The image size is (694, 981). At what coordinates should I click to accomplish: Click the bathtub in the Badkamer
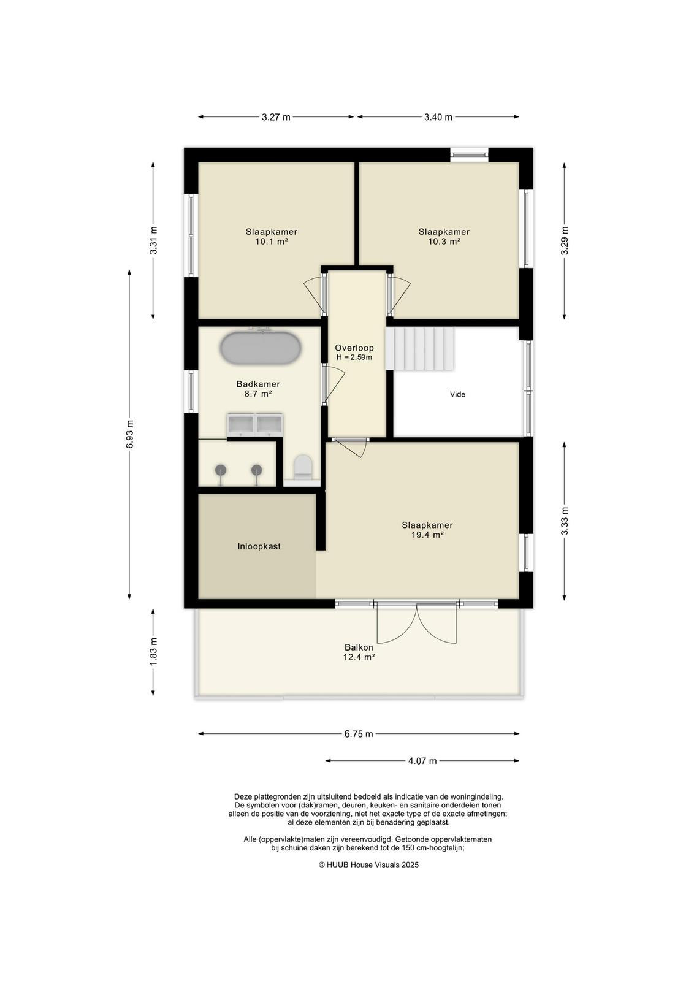pyautogui.click(x=260, y=348)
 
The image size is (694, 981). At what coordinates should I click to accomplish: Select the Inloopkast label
pyautogui.click(x=259, y=546)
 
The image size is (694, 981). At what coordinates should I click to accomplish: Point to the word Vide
pyautogui.click(x=457, y=394)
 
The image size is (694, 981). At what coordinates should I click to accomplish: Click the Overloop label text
pyautogui.click(x=354, y=348)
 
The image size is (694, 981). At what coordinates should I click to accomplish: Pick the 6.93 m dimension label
pyautogui.click(x=129, y=434)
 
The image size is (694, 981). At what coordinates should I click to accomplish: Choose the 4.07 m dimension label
pyautogui.click(x=422, y=761)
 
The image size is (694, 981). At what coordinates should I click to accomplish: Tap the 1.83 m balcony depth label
pyautogui.click(x=153, y=652)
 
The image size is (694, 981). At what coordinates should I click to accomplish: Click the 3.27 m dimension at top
pyautogui.click(x=276, y=117)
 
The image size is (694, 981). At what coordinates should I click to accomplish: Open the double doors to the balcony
pyautogui.click(x=416, y=623)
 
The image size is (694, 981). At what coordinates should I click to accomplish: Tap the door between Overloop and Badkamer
pyautogui.click(x=333, y=386)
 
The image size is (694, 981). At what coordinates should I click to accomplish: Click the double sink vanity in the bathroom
pyautogui.click(x=255, y=425)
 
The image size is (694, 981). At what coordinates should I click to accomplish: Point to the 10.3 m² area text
pyautogui.click(x=444, y=242)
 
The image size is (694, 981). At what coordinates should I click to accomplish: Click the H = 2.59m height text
pyautogui.click(x=354, y=357)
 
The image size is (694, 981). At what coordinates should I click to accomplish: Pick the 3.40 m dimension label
pyautogui.click(x=438, y=117)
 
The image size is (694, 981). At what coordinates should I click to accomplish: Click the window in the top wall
pyautogui.click(x=470, y=154)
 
